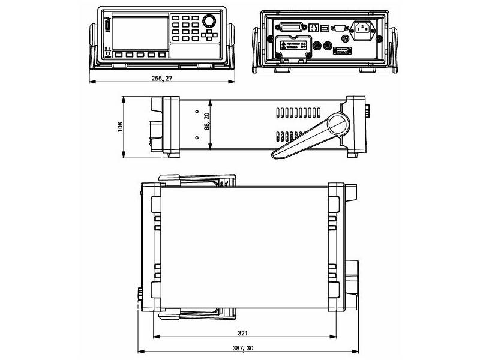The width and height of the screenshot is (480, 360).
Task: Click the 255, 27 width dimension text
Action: tap(161, 79)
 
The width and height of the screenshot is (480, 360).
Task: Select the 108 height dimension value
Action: tap(120, 127)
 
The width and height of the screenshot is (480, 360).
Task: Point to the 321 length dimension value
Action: tap(242, 333)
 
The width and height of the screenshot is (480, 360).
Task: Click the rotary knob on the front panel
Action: tap(209, 22)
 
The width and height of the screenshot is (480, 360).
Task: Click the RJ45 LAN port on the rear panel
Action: tap(313, 27)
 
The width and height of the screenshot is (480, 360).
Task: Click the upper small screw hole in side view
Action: tap(197, 112)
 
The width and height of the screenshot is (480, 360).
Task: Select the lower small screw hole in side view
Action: tap(197, 137)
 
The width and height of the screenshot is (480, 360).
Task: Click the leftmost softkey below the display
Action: tap(118, 55)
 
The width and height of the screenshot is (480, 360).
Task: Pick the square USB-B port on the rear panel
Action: tap(325, 27)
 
